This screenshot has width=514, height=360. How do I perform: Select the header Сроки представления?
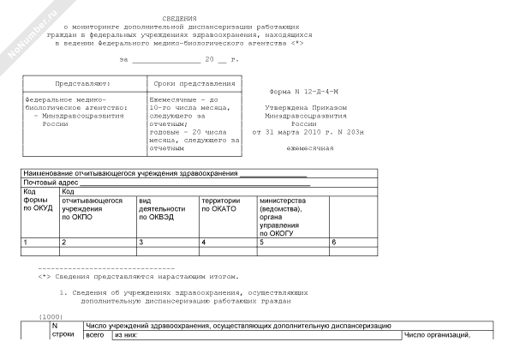coord(194,83)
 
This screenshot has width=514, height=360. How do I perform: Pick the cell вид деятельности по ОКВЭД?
coord(162,209)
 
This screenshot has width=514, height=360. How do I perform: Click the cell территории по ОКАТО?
coord(224,205)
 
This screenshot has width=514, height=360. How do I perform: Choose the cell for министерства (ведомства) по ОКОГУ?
coord(282,213)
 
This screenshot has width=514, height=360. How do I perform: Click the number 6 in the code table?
coord(333,243)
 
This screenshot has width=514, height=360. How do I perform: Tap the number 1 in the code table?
coord(26,243)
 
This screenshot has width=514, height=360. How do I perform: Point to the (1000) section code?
coord(51,317)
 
